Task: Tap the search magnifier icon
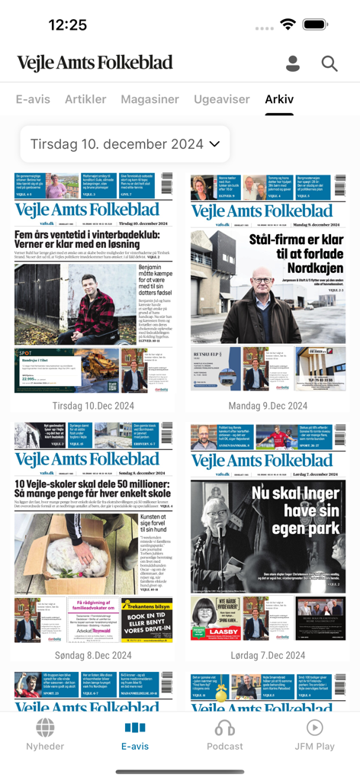329,64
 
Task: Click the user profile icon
293,64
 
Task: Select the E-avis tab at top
33,99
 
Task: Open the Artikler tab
85,99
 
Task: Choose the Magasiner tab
149,99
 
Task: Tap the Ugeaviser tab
222,99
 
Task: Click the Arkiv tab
279,99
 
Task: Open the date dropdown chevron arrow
214,144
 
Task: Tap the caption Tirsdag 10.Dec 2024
93,406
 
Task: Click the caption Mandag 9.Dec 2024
268,406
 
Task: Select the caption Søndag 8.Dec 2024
93,655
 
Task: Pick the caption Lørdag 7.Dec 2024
268,655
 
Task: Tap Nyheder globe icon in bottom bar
45,728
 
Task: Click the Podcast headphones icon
225,728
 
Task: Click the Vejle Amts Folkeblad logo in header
95,63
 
